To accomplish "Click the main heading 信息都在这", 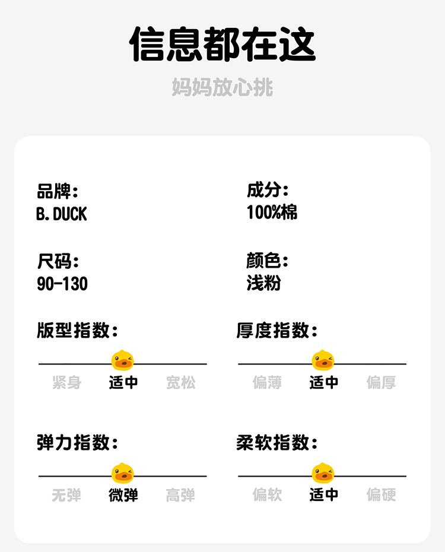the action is tap(223, 45).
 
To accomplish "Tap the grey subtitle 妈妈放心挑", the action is tap(223, 87).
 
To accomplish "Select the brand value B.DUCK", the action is tap(62, 214).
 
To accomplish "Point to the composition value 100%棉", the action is tap(272, 212).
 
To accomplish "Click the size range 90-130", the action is tap(62, 284).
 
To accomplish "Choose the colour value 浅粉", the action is tap(263, 283).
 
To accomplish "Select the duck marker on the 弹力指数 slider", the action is tap(123, 473).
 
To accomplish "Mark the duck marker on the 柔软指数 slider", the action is tap(323, 473).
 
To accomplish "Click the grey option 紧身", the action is tap(66, 383).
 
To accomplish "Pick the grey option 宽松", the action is tap(180, 383).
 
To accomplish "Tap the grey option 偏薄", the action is tap(267, 383).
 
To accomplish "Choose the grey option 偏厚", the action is tap(381, 383).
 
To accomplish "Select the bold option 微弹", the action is tap(123, 495).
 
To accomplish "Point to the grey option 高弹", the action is tap(180, 495).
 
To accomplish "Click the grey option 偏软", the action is tap(267, 495).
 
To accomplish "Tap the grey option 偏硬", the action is tap(381, 495).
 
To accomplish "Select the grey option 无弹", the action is tap(66, 495).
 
